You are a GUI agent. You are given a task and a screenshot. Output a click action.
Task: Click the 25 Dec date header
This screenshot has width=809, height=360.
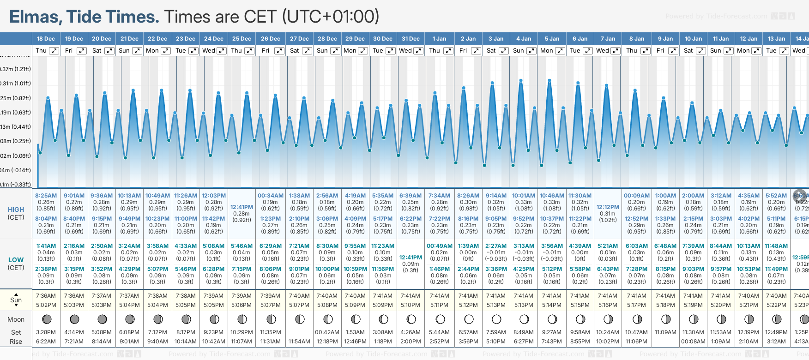point(241,39)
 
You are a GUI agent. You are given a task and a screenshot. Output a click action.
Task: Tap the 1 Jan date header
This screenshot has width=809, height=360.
point(439,39)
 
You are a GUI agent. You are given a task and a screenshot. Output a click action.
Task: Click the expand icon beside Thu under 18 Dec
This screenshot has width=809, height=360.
point(54,51)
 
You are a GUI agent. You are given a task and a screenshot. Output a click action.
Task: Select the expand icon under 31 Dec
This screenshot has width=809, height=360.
point(418,51)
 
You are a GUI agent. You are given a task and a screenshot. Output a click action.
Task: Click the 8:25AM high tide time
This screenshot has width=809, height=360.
point(46,196)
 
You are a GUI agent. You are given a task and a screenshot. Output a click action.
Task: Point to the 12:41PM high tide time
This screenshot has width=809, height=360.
point(241,207)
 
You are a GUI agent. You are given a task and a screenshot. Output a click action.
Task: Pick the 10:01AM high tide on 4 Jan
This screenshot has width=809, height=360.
point(524,196)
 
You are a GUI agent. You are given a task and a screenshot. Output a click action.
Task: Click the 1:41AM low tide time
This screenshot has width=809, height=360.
point(46,246)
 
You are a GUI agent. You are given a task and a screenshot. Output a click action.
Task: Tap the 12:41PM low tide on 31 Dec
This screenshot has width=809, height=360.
point(411,258)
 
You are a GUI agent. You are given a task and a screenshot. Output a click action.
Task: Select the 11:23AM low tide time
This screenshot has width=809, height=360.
point(383,246)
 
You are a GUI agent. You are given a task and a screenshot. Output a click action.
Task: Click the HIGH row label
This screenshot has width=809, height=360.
point(16,210)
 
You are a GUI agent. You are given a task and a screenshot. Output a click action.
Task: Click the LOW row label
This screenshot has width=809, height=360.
point(16,260)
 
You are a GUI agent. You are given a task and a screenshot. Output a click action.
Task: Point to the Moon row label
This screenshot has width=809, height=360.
point(16,319)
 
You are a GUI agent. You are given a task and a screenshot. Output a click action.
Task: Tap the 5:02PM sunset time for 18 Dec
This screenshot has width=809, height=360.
point(46,305)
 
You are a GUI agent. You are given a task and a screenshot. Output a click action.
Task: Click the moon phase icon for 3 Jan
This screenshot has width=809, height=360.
point(496,319)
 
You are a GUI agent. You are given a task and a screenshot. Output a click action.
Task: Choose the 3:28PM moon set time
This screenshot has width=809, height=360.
point(46,332)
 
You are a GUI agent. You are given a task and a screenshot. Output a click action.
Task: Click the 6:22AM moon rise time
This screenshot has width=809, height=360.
point(46,342)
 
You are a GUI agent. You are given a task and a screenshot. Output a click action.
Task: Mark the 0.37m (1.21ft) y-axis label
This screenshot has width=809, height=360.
point(15,69)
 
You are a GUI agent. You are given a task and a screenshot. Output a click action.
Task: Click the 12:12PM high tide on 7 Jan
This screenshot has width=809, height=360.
point(608,207)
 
